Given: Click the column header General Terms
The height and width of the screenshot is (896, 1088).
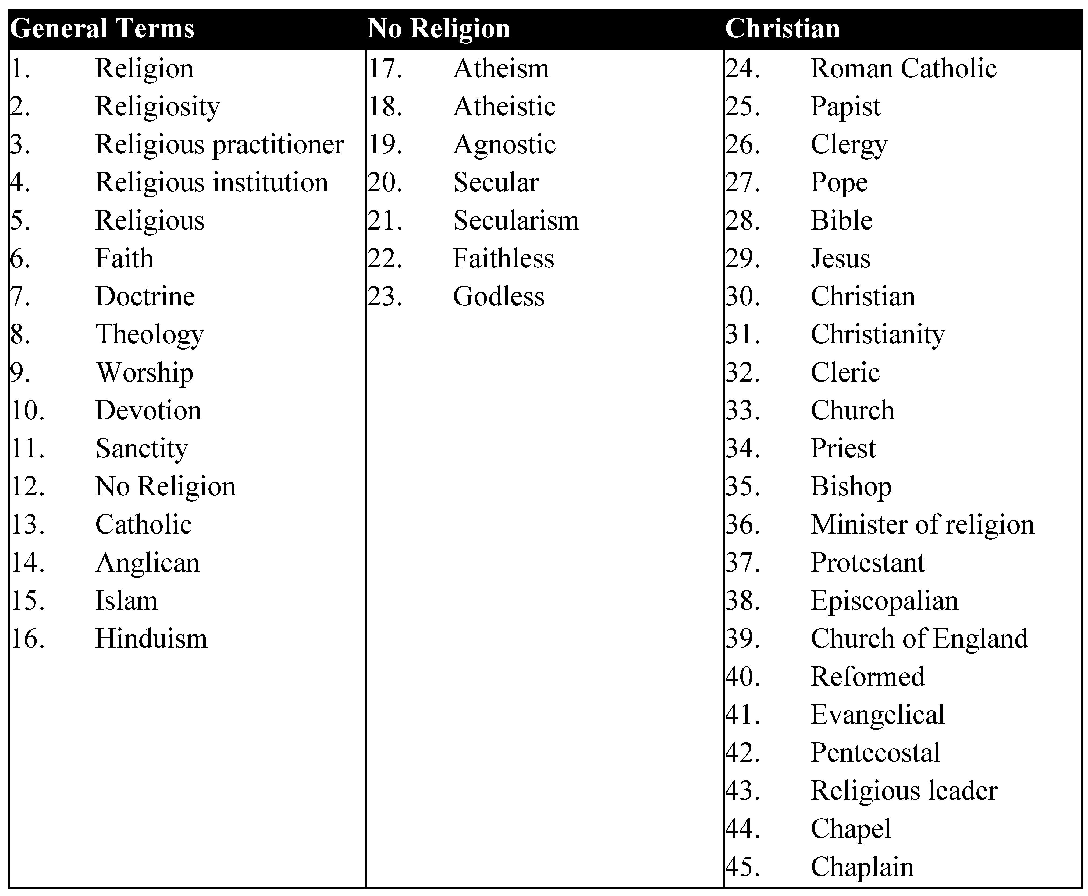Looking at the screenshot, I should [102, 29].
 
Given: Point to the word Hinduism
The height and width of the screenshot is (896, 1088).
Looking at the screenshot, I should [151, 639].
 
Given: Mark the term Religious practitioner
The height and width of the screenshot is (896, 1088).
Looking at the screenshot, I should [219, 144].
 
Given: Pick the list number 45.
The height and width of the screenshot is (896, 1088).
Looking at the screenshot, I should [743, 867].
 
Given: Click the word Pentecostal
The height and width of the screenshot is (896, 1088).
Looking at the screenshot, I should [875, 753].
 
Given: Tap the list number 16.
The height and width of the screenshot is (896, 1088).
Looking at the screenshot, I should [27, 639].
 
